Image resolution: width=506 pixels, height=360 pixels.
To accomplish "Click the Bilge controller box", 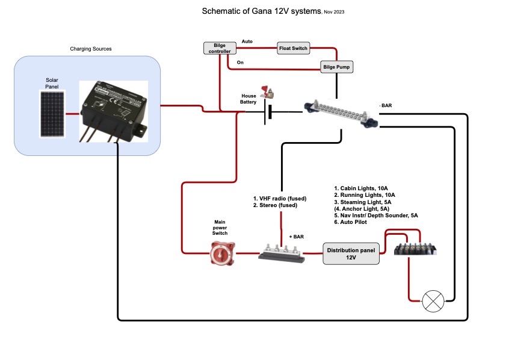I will pos(217,48).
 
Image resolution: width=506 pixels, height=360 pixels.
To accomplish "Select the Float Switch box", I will pos(293,48).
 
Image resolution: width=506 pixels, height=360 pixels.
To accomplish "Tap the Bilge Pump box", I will pos(336,67).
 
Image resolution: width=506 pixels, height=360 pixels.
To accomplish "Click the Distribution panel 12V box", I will pos(351,254).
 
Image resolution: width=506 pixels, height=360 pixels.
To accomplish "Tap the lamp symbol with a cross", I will pos(432,300).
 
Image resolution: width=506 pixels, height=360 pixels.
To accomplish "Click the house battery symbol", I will pos(267,112).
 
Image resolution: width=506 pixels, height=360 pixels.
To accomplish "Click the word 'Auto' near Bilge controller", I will pos(247,42).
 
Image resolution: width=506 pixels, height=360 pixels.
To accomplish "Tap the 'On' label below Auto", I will pos(240,62).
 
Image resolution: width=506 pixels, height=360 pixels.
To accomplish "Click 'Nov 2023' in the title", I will pos(335,12).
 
